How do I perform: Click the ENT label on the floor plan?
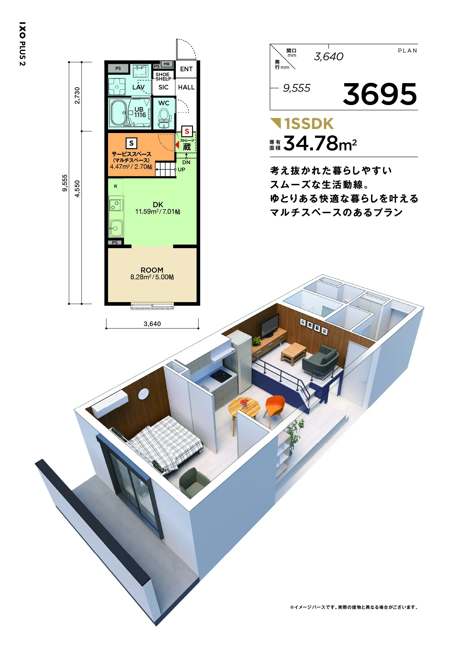click(186, 69)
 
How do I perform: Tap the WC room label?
click(164, 103)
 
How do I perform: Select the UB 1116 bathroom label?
click(140, 112)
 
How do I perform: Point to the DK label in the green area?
click(158, 205)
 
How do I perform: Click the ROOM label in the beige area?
click(152, 270)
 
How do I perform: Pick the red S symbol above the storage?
click(187, 132)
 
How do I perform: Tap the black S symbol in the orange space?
click(131, 143)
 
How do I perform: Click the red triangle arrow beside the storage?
click(177, 144)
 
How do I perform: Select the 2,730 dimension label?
click(77, 96)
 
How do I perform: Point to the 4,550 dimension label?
click(77, 189)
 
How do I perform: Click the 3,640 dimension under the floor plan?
click(152, 324)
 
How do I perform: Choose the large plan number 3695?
click(380, 94)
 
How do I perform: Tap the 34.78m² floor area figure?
click(320, 143)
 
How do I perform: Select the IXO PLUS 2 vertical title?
click(23, 44)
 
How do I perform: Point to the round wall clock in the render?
click(144, 394)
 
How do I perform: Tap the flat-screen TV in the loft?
click(270, 326)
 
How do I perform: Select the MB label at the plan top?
click(167, 64)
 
